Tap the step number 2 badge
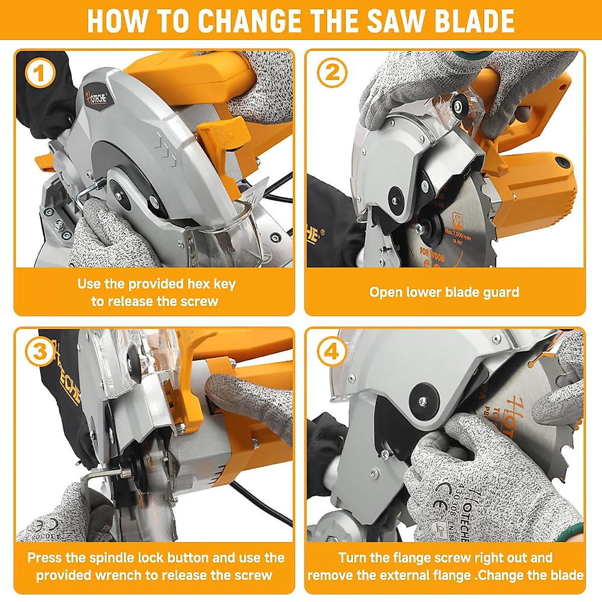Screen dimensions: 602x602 332,73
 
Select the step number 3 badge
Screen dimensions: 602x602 39,351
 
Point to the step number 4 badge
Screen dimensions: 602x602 332,352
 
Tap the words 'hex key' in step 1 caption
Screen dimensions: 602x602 211,284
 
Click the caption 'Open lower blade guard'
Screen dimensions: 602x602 444,292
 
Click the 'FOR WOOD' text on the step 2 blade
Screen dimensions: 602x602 432,254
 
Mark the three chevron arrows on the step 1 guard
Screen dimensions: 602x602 165,149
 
